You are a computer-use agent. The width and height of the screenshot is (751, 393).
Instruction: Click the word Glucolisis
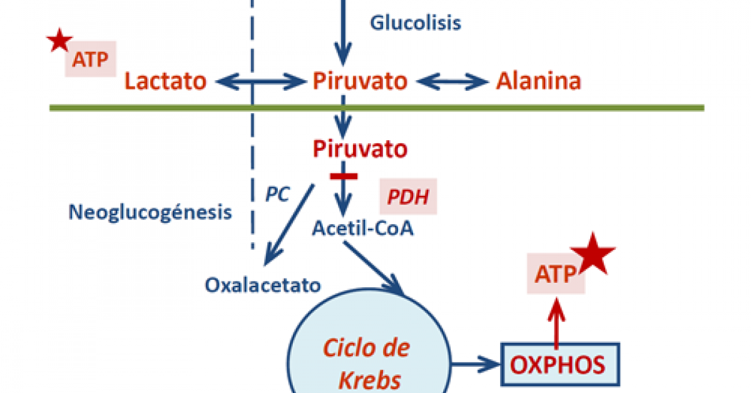pyautogui.click(x=415, y=23)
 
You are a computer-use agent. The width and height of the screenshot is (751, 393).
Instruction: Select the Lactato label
pyautogui.click(x=165, y=81)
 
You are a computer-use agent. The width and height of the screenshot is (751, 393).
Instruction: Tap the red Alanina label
pyautogui.click(x=538, y=81)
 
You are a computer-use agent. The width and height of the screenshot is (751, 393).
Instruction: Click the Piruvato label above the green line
pyautogui.click(x=360, y=81)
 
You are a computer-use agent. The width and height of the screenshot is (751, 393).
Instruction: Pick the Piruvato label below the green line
pyautogui.click(x=360, y=149)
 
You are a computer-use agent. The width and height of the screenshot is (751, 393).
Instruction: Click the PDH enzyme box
pyautogui.click(x=408, y=198)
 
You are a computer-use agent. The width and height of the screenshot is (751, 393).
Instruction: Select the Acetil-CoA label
pyautogui.click(x=363, y=229)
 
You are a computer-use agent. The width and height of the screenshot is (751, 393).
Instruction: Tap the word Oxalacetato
pyautogui.click(x=263, y=285)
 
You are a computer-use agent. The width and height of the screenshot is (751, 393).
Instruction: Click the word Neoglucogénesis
pyautogui.click(x=150, y=213)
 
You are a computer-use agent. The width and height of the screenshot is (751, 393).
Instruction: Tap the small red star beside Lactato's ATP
pyautogui.click(x=60, y=41)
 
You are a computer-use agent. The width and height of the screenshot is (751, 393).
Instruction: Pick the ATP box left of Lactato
pyautogui.click(x=91, y=59)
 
